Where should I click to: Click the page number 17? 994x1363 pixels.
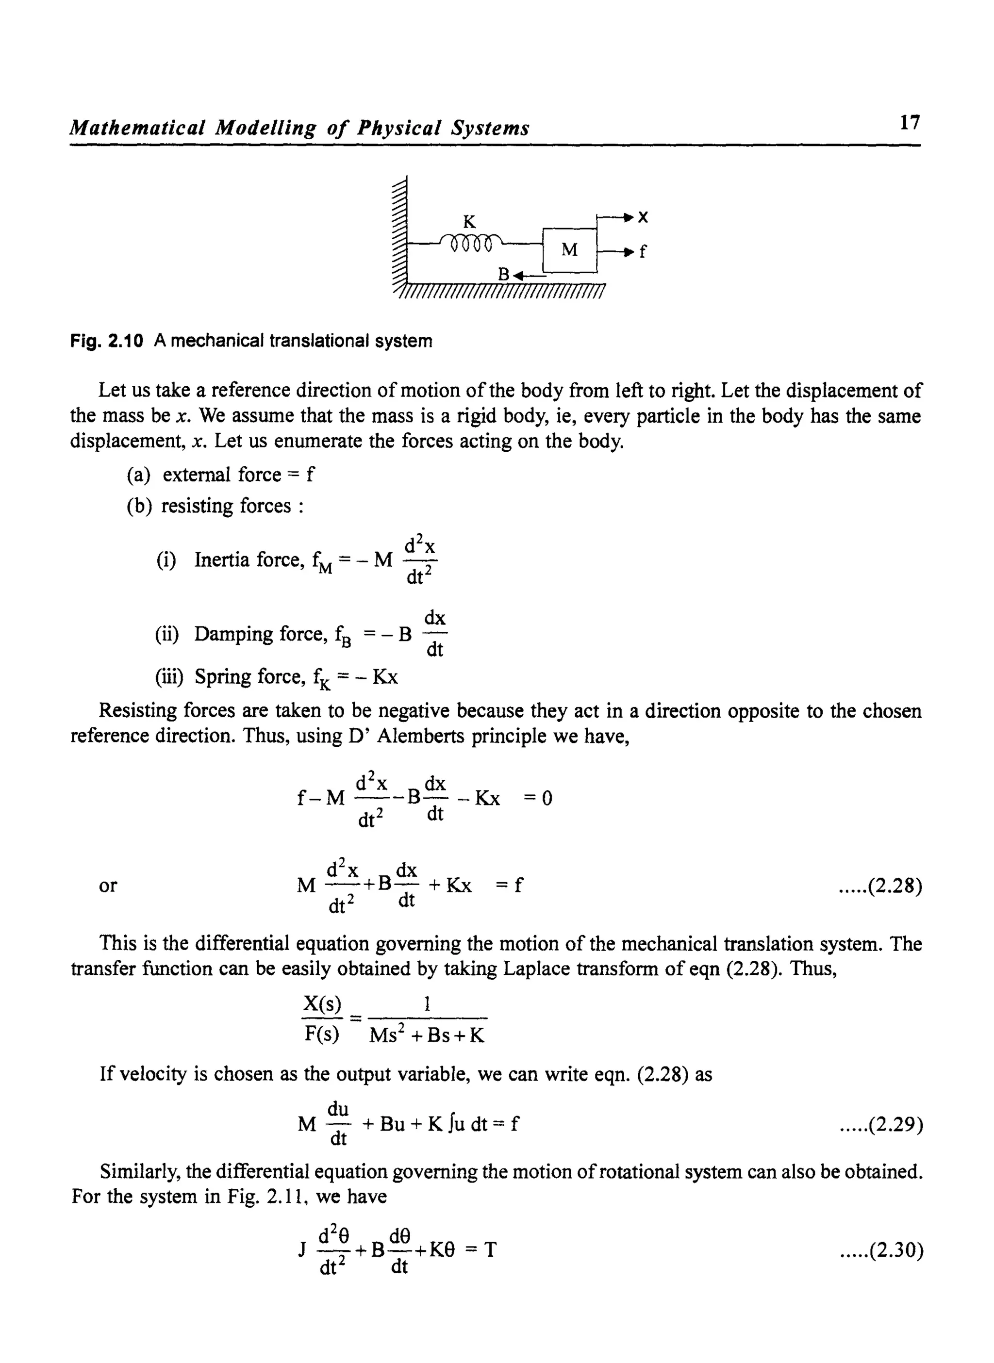(909, 123)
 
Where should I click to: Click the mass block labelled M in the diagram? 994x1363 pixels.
(569, 249)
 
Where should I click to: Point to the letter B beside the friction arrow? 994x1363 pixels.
(503, 275)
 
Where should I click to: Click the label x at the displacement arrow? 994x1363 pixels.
(643, 217)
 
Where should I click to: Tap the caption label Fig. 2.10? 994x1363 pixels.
(106, 341)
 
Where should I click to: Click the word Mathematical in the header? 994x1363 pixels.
(139, 128)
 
